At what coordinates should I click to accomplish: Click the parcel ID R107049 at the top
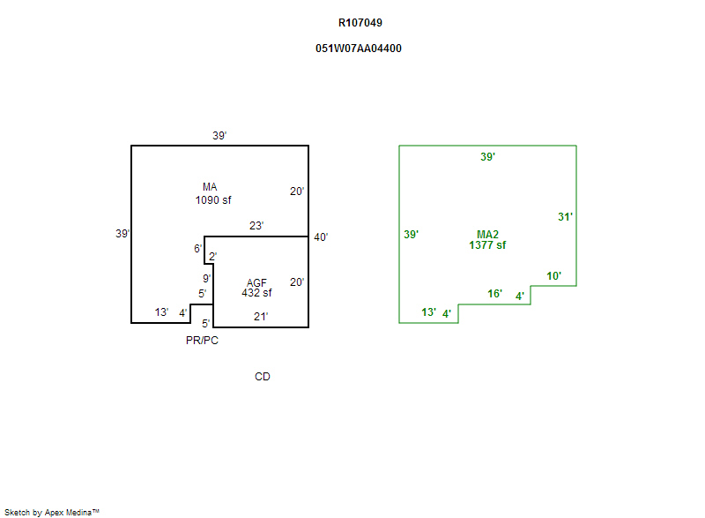360,23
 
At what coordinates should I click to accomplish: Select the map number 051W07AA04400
359,49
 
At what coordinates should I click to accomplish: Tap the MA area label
210,187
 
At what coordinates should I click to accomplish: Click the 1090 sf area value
213,199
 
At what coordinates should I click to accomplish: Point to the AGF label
256,282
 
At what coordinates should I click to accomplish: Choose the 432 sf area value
256,293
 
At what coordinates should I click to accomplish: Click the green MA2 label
487,234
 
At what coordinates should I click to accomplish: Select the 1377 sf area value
487,245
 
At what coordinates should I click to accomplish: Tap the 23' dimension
256,226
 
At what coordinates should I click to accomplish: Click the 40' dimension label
321,236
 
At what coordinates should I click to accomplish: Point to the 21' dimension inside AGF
261,316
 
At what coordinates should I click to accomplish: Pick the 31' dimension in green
566,216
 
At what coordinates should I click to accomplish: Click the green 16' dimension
495,294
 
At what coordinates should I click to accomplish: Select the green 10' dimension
554,276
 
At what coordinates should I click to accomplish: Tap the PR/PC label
202,341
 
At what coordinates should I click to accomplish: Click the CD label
263,377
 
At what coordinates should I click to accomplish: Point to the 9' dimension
205,278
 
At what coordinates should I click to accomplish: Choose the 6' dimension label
197,249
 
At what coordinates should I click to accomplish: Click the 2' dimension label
212,257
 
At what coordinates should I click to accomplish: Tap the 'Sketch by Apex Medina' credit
51,512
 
